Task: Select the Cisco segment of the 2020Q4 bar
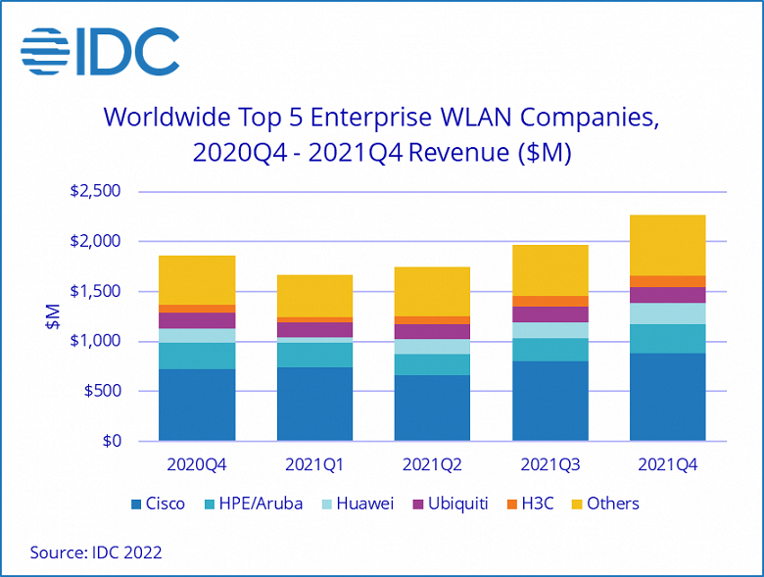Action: [197, 405]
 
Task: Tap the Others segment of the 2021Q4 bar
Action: [667, 245]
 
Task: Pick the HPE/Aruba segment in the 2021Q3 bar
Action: [549, 350]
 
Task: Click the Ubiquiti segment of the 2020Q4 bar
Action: [197, 320]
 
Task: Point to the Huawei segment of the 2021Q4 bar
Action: [667, 313]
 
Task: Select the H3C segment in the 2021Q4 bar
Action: [667, 281]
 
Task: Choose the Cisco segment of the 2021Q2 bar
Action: [432, 408]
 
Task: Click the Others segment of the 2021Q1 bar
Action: [314, 296]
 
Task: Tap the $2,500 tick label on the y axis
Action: [95, 191]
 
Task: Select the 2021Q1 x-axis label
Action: [314, 463]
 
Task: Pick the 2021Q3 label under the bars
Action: [549, 463]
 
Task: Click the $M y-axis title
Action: [53, 315]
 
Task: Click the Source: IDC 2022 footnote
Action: [96, 552]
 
